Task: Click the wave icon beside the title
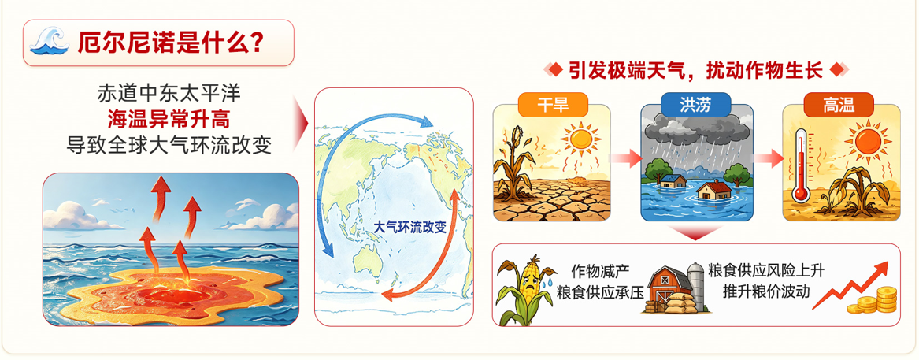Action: point(50,42)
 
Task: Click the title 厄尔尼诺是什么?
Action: point(170,43)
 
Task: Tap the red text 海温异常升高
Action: point(169,119)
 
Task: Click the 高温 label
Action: point(839,106)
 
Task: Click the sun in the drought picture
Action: point(581,139)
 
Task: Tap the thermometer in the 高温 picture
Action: point(799,166)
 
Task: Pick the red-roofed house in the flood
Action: point(714,189)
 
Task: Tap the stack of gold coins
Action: point(874,299)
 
